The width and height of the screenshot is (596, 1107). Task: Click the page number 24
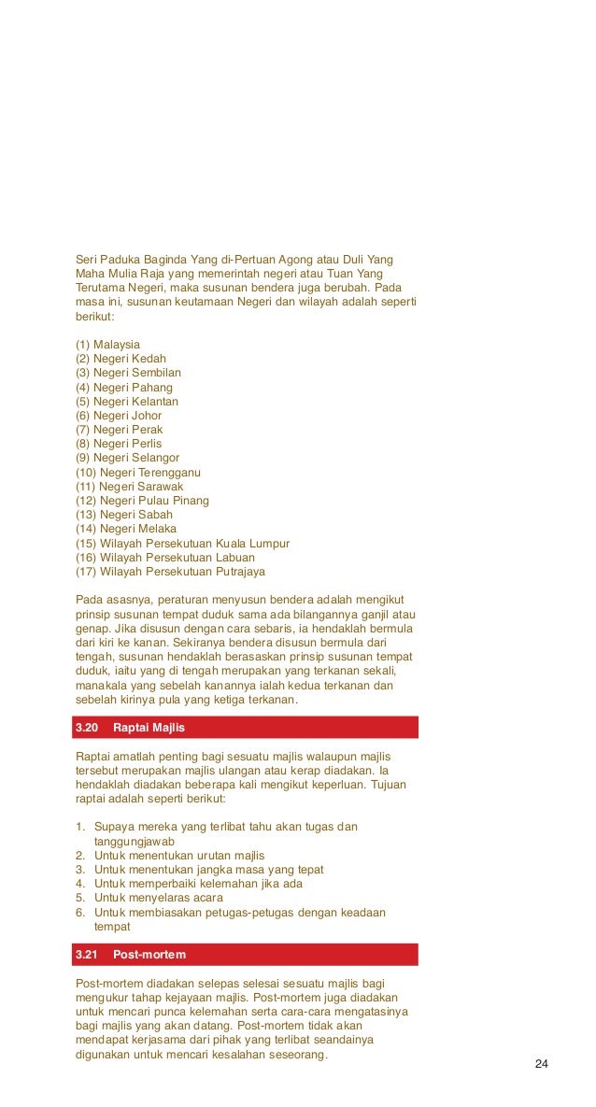pyautogui.click(x=541, y=1064)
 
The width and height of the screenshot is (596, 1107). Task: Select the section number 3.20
pyautogui.click(x=86, y=728)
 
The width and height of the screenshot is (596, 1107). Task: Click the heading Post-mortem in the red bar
pyautogui.click(x=149, y=955)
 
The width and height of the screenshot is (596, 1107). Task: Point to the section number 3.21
pyautogui.click(x=86, y=955)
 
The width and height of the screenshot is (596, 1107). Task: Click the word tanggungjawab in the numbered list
pyautogui.click(x=135, y=841)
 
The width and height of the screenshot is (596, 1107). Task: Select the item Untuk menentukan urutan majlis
pyautogui.click(x=179, y=855)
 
